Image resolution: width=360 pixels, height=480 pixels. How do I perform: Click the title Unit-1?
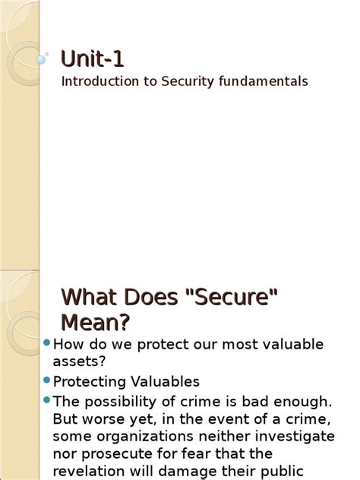tap(93, 58)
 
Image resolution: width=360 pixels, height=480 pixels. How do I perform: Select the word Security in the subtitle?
tap(182, 81)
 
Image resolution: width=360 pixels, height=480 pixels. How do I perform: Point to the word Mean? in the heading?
tap(95, 323)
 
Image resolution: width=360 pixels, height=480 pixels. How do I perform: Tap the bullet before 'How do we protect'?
tap(47, 343)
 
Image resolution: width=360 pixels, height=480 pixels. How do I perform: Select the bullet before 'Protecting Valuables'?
tap(47, 380)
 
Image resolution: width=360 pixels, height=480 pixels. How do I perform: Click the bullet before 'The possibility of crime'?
tap(47, 399)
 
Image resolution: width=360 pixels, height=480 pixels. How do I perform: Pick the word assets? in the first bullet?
tap(79, 361)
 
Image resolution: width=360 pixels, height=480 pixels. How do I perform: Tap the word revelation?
tap(88, 472)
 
